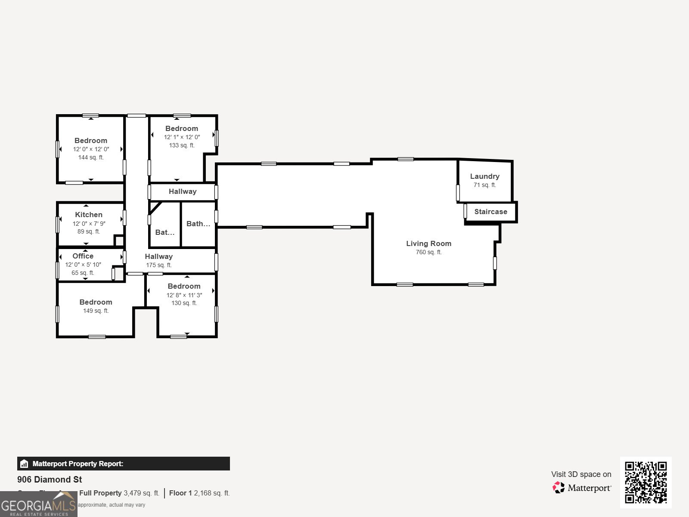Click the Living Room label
point(428,243)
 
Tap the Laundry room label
point(484,176)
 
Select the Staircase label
point(490,212)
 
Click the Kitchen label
point(89,215)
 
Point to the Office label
point(83,256)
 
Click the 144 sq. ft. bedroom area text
point(91,157)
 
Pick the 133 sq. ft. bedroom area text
point(182,145)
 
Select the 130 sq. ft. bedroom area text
point(184,303)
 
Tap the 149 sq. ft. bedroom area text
point(96,311)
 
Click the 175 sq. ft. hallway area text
point(158,265)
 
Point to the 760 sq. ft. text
point(428,252)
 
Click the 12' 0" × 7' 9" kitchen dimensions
point(89,224)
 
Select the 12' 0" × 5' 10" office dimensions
point(83,265)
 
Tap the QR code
point(646,482)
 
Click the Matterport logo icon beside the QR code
point(559,488)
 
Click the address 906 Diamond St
point(50,480)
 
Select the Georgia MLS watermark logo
point(38,505)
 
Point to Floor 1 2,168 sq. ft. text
point(199,493)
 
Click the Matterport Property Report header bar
point(123,464)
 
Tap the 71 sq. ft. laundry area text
point(484,185)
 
